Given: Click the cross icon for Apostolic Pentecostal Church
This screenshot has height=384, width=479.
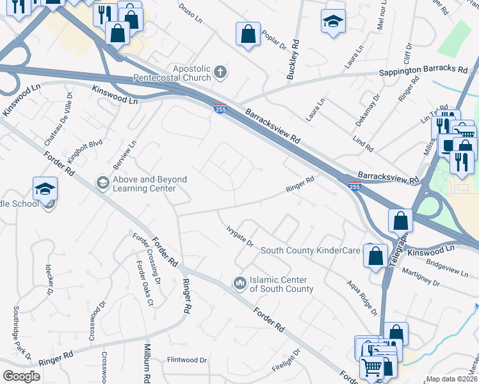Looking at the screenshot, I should point(220,71).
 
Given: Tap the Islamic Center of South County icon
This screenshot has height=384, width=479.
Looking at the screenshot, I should point(240,282).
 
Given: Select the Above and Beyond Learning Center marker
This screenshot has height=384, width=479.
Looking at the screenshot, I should point(102,183).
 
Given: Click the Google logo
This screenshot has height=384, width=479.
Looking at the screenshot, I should point(21,376).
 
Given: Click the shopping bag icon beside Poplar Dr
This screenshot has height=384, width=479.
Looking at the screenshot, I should point(248,36).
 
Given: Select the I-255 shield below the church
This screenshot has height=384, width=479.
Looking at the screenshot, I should point(220,109).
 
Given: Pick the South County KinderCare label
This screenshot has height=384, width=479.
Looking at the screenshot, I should point(310,250).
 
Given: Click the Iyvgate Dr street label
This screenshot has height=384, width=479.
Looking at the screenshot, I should point(240,236).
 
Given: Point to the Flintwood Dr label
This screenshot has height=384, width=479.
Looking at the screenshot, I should point(187,360).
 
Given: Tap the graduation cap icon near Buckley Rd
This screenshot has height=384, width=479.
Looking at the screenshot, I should point(333,22).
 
